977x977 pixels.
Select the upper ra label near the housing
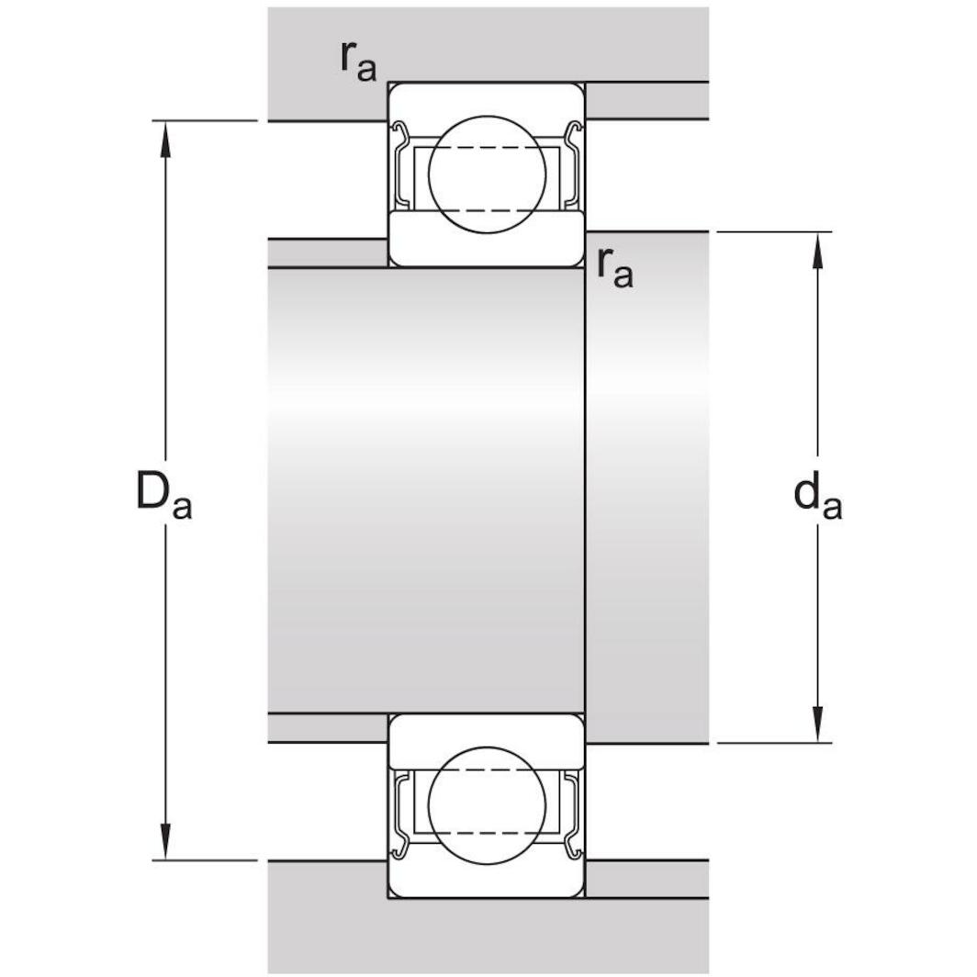pos(357,62)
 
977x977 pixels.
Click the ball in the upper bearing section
pos(487,174)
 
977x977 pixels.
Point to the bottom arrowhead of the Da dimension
pos(165,844)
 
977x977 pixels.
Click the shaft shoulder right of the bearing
pos(646,487)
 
